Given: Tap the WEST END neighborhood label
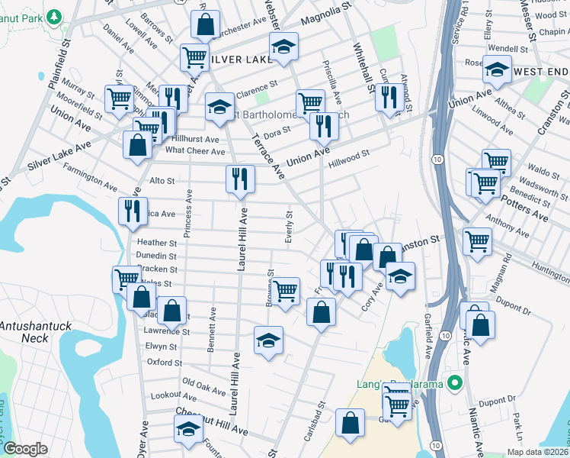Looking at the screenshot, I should pyautogui.click(x=541, y=70).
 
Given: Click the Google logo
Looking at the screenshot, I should pyautogui.click(x=25, y=449).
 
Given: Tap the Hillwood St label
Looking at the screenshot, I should pyautogui.click(x=348, y=158).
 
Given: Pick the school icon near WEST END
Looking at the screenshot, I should pyautogui.click(x=497, y=71).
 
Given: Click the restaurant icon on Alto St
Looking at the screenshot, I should pyautogui.click(x=240, y=179).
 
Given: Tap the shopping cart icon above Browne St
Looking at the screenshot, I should pyautogui.click(x=285, y=291).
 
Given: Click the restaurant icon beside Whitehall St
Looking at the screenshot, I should pyautogui.click(x=389, y=97).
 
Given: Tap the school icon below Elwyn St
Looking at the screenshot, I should pyautogui.click(x=268, y=340).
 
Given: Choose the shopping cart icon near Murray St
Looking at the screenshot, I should pyautogui.click(x=119, y=98).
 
